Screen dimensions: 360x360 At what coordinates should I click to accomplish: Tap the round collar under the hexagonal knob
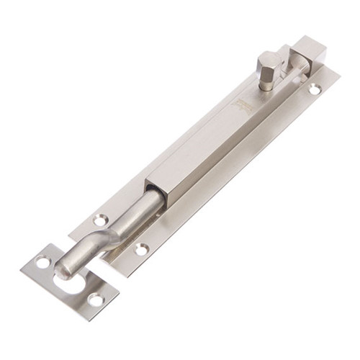266,80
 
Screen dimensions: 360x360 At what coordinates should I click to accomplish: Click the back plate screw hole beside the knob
315,89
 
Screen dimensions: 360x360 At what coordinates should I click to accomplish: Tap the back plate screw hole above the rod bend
101,220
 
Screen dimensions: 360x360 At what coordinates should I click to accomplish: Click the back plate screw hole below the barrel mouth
142,249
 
